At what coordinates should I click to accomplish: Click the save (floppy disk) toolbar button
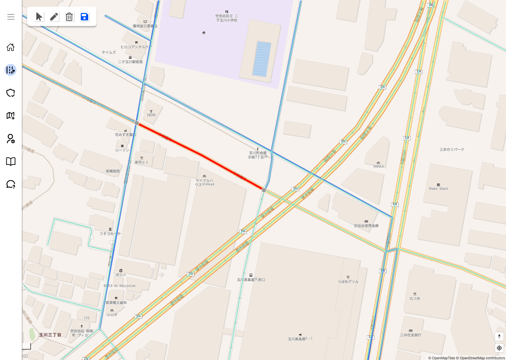[84, 17]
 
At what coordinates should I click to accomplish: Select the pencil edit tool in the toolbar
[54, 17]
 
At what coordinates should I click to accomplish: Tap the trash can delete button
[69, 17]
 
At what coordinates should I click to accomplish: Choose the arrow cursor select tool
[39, 17]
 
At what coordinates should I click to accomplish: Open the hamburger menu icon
[11, 17]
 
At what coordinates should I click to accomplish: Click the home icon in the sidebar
[11, 47]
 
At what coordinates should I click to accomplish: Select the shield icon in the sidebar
[11, 93]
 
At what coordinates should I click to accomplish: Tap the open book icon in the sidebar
[11, 161]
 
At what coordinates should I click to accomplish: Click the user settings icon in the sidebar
[11, 139]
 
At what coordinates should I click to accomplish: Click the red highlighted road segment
[200, 155]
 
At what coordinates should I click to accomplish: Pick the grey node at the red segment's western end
[137, 123]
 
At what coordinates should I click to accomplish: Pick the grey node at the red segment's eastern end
[264, 190]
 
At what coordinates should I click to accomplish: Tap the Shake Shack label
[438, 188]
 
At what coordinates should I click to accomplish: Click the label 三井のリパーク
[452, 149]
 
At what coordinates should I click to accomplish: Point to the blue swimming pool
[262, 59]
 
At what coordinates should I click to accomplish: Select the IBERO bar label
[151, 115]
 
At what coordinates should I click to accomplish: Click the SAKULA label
[378, 166]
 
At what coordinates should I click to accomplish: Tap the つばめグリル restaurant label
[348, 281]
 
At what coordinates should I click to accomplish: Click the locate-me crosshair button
[499, 348]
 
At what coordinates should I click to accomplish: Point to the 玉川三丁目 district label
[50, 335]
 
